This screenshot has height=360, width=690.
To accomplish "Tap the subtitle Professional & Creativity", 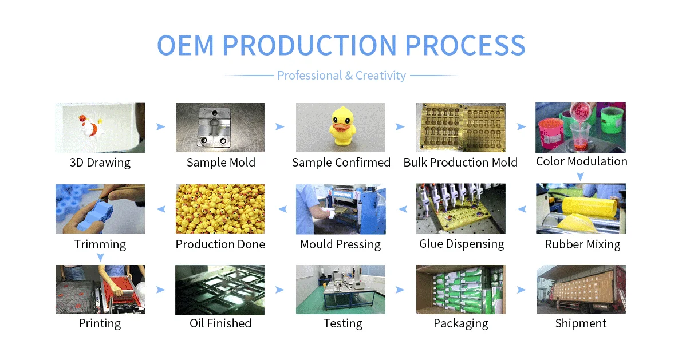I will point(341,76).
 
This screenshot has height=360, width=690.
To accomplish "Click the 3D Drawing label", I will point(100,163).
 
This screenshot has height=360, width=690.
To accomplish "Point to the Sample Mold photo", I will point(220,128).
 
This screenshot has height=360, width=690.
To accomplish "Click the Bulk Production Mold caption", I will point(460,163).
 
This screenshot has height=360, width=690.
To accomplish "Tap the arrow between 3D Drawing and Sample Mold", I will point(160,127).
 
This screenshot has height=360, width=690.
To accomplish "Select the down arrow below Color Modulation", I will point(581,176).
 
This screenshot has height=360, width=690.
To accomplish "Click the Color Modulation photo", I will point(581,127).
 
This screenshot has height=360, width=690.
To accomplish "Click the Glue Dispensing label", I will point(462,244).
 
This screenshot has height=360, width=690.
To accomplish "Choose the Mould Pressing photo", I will point(340,208).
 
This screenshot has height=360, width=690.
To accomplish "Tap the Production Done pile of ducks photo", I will point(220,208).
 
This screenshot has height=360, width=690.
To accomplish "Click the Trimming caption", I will point(100,244).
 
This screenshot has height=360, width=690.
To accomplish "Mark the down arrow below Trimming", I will point(100,258).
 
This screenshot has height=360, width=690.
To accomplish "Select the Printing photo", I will point(100,290).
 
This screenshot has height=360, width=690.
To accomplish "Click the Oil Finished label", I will point(220,323).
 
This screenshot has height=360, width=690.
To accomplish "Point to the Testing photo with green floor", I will point(340,290).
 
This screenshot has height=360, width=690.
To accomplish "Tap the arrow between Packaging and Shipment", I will point(521,290).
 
